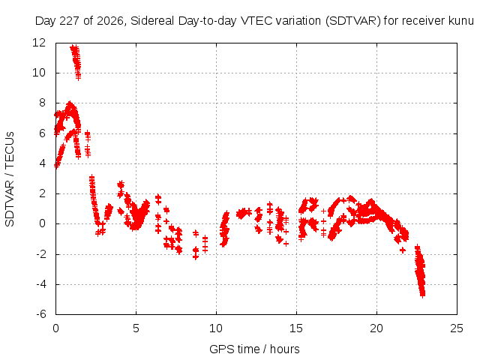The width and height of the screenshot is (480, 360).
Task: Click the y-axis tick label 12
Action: pos(39,43)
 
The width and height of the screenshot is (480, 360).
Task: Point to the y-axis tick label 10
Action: pos(39,73)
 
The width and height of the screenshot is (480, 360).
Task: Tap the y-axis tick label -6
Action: pos(41,314)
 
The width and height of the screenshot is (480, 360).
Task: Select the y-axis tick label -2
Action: pos(41,253)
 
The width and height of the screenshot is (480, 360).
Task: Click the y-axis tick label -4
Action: pos(41,284)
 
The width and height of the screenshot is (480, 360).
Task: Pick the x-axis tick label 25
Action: pos(457,328)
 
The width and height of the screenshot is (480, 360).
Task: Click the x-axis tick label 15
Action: pos(296,328)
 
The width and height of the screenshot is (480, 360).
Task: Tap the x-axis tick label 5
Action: pos(136,328)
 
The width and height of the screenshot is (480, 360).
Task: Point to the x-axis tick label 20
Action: pos(376,328)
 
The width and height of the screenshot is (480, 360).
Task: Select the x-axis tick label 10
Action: pos(216,328)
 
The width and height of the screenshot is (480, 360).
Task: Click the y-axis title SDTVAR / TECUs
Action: pos(10,179)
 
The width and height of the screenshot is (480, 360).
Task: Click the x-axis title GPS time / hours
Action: pos(254,349)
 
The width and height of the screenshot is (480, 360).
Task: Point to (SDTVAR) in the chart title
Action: pos(353,21)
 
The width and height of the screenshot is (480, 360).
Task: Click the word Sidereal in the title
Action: pos(152,21)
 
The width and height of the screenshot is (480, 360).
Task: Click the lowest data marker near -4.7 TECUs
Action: pos(423,295)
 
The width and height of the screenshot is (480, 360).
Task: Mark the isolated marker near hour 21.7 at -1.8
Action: pos(403,250)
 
